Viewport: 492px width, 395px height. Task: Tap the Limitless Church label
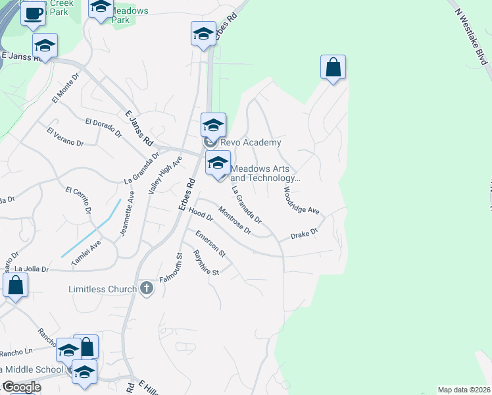click(x=103, y=289)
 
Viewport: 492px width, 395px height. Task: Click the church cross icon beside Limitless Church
click(x=147, y=288)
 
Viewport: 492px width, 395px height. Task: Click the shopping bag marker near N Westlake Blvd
click(x=333, y=67)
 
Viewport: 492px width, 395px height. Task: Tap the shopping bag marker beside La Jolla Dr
click(x=15, y=286)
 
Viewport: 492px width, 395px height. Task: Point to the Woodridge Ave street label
click(x=301, y=200)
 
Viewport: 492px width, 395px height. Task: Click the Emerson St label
click(x=210, y=243)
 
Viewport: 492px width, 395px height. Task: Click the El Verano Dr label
click(x=65, y=136)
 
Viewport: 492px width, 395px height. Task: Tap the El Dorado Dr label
click(x=104, y=126)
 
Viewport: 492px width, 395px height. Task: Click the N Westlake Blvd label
click(x=473, y=34)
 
